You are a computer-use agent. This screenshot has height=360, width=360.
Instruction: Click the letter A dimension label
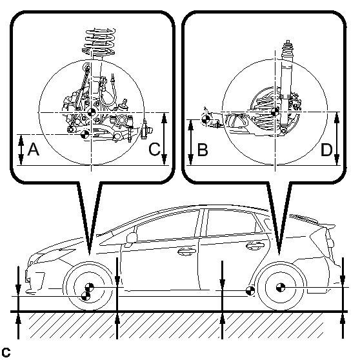tap(34, 149)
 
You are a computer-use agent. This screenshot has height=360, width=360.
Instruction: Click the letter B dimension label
tap(203, 150)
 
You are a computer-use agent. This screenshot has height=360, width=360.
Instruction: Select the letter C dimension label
tap(154, 149)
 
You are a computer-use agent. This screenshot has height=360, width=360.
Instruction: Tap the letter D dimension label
tap(326, 150)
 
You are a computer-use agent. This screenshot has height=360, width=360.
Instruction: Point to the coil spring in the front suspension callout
tap(99, 42)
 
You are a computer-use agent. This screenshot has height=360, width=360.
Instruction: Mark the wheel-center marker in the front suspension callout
tap(92, 112)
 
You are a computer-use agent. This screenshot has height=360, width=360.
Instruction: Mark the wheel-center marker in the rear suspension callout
tap(275, 112)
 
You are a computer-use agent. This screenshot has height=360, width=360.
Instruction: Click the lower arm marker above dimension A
tap(85, 134)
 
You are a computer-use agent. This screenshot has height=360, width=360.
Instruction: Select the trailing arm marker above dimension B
tap(206, 119)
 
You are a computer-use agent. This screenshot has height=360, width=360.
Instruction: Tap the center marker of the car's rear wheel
tap(281, 288)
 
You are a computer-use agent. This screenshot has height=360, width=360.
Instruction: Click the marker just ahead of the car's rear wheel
tap(250, 291)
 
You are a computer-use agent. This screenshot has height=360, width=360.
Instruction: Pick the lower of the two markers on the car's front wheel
tap(86, 296)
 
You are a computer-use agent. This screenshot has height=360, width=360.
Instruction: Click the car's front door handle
tap(186, 251)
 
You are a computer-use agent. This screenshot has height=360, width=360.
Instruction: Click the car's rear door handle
tap(255, 245)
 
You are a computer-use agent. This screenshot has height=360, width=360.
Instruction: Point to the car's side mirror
tap(132, 238)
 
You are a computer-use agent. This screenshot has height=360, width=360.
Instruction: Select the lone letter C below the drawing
tap(6, 352)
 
